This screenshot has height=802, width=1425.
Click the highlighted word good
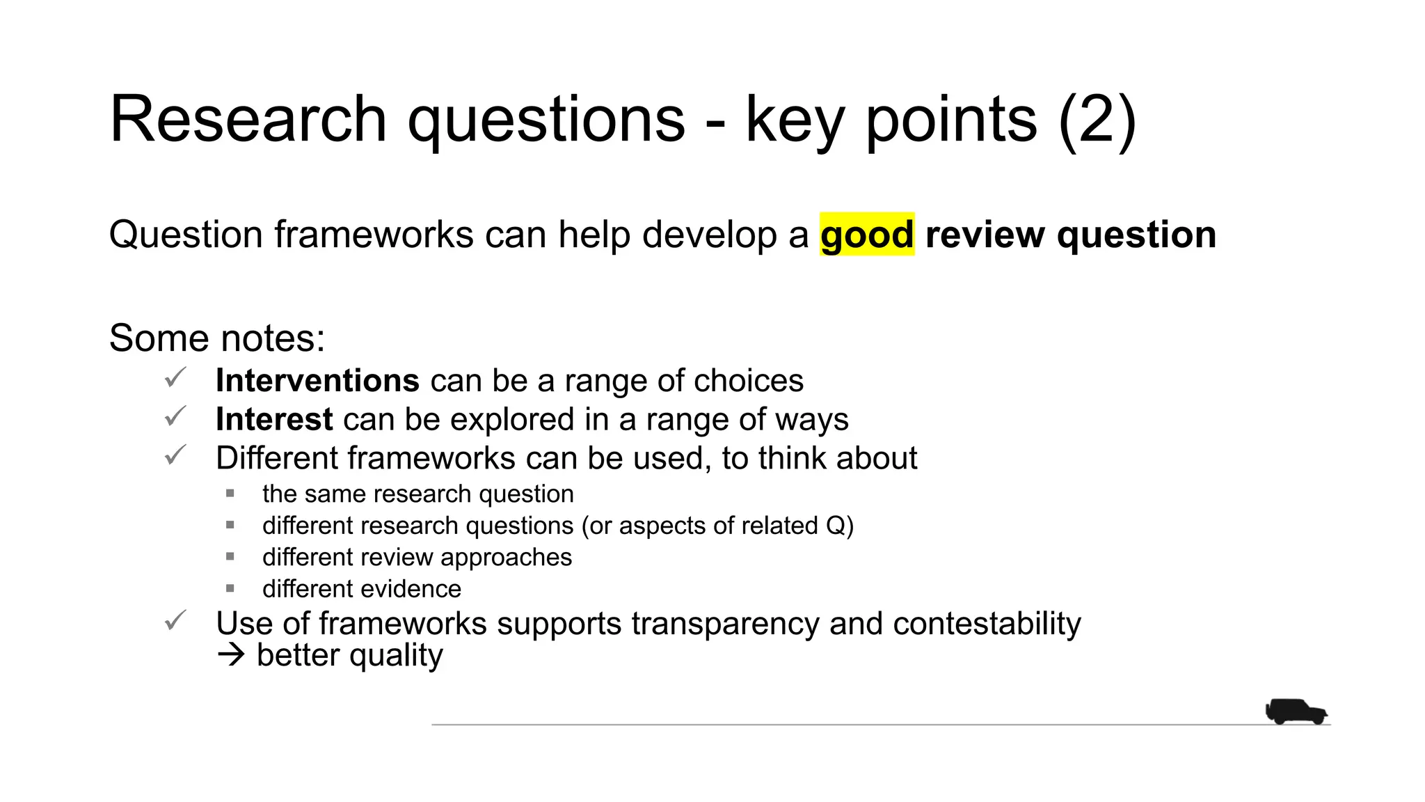coord(866,235)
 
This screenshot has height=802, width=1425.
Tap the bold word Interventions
coord(317,381)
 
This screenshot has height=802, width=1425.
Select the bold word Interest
coord(274,419)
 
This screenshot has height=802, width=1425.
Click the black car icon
coord(1296,711)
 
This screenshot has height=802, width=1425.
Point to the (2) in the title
coord(1097,120)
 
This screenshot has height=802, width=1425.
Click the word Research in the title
coord(248,120)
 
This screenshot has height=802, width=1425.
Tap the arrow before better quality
coord(231,655)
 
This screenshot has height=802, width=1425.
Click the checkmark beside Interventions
coord(175,378)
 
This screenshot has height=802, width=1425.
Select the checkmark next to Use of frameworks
coord(175,620)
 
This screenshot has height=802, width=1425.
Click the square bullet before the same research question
coord(230,494)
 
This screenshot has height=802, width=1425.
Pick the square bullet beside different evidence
coord(230,589)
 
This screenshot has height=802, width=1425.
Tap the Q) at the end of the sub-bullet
coord(840,526)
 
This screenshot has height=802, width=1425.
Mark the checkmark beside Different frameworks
coord(175,455)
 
